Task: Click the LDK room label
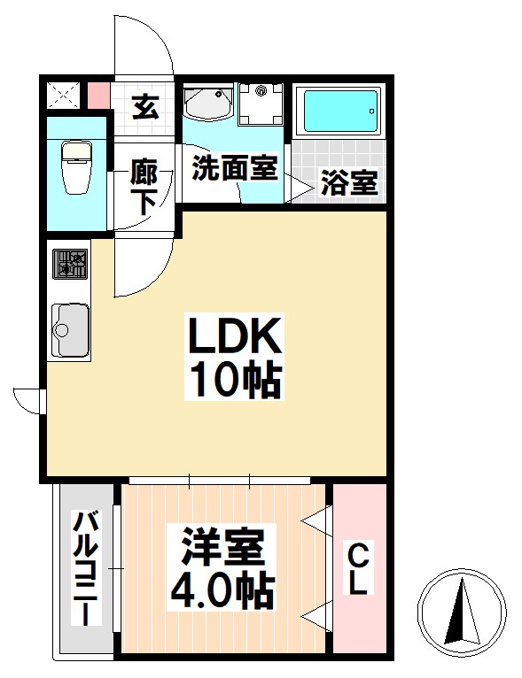tap(233, 337)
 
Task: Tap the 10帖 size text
tap(233, 381)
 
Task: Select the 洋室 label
tap(222, 546)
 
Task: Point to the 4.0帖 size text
tap(222, 588)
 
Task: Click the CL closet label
tap(359, 571)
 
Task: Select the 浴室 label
tap(349, 183)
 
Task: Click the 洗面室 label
tap(235, 167)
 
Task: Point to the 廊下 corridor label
tap(145, 184)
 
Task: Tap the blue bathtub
tap(338, 112)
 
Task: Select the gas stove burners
tap(71, 263)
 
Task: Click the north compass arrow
tap(460, 610)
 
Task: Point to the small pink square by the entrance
tap(98, 94)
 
